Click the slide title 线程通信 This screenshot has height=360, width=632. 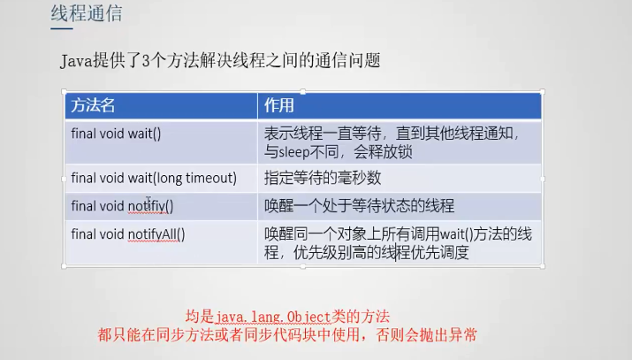87,13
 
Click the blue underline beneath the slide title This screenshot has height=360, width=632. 62,28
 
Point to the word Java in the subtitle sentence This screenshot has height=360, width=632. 76,61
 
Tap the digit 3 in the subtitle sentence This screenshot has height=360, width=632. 146,61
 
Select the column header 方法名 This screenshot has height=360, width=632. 93,105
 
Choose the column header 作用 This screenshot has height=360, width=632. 279,105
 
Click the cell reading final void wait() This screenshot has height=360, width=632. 116,134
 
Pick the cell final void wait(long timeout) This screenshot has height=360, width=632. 154,178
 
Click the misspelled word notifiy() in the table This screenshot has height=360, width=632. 151,206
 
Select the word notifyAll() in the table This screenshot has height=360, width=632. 156,234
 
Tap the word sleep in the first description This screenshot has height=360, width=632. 293,152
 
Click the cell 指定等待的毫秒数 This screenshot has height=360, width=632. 323,178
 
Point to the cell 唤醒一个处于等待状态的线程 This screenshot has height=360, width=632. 359,206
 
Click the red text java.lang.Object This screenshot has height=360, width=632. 272,317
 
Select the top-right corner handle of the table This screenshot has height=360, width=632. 542,92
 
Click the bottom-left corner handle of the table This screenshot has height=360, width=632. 65,266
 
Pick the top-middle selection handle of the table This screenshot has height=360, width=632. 303,92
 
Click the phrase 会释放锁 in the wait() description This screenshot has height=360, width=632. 383,152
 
